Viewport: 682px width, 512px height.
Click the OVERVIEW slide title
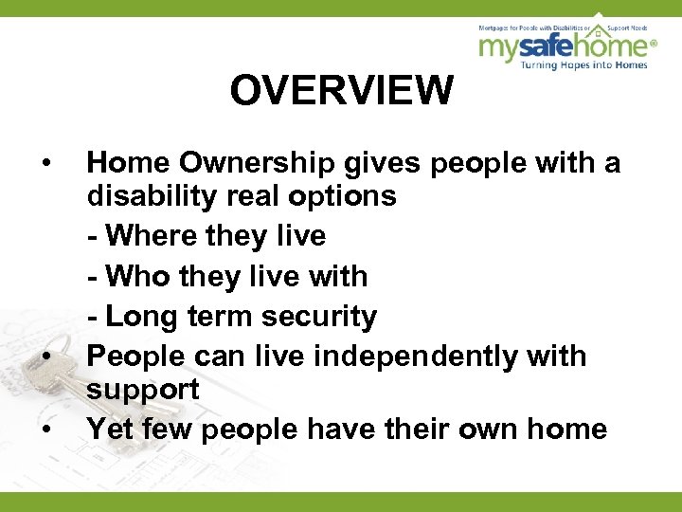pyautogui.click(x=341, y=91)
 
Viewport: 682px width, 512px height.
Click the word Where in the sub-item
pyautogui.click(x=151, y=236)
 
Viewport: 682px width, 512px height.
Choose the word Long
pyautogui.click(x=143, y=316)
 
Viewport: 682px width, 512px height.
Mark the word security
pyautogui.click(x=322, y=316)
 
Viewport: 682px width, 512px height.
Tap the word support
pyautogui.click(x=142, y=390)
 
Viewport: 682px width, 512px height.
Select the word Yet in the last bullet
pyautogui.click(x=110, y=429)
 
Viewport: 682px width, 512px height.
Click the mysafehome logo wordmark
pyautogui.click(x=563, y=46)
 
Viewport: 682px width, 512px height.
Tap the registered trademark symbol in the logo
pyautogui.click(x=654, y=42)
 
